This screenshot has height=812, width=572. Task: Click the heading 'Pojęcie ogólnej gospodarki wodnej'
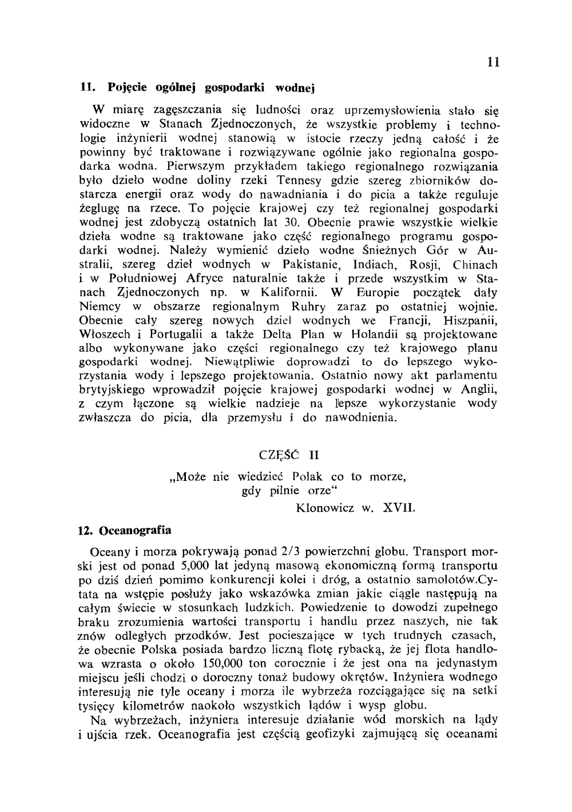click(211, 89)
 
